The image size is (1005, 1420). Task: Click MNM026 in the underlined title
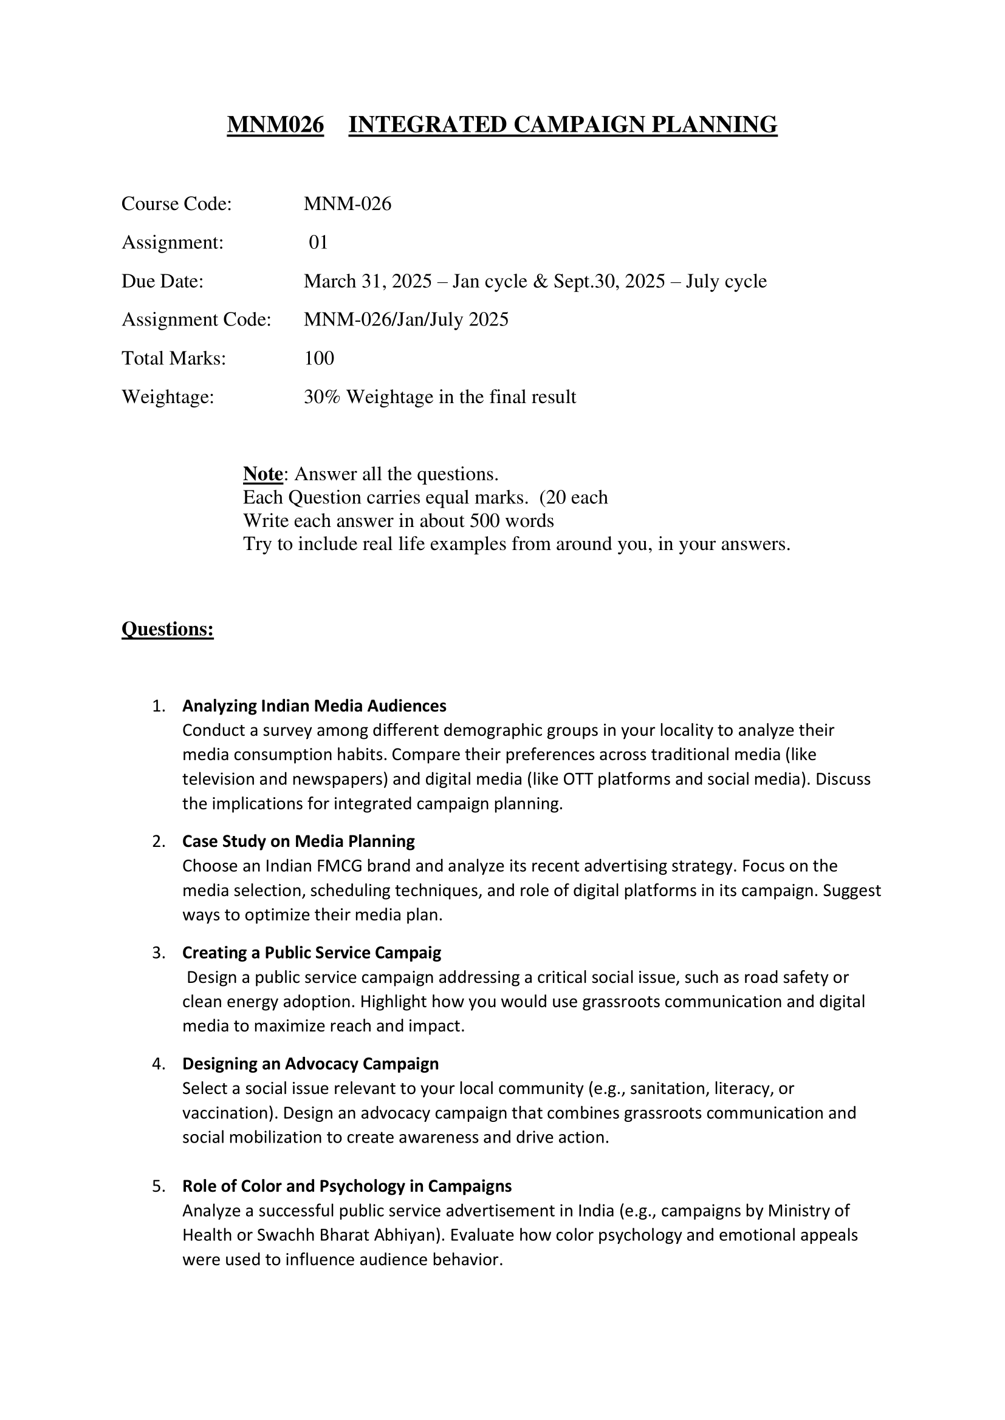tap(275, 125)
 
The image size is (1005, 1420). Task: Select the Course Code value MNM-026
tap(347, 204)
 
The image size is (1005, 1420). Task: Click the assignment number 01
tap(318, 242)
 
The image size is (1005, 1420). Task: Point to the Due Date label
tap(162, 282)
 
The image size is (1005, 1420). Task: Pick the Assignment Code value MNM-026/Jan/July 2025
tap(406, 320)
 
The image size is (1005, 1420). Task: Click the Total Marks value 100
tap(319, 358)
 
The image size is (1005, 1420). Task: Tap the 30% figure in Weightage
tap(322, 397)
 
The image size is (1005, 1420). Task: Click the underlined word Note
tap(262, 474)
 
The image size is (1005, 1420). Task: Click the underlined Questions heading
tap(167, 629)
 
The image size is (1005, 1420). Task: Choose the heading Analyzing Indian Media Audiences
tap(314, 705)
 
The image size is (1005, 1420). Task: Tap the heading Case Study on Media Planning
tap(298, 841)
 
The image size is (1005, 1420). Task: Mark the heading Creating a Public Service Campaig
tap(311, 953)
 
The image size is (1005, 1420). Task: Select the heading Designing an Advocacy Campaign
tap(310, 1064)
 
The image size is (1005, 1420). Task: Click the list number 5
tap(158, 1186)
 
